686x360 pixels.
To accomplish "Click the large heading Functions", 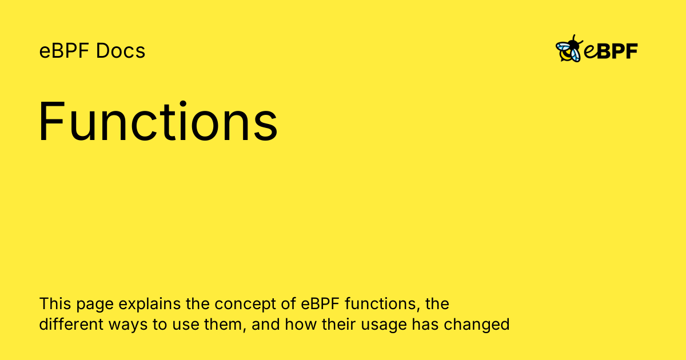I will [158, 121].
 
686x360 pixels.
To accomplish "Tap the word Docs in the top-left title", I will [121, 51].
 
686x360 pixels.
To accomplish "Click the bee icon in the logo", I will [569, 50].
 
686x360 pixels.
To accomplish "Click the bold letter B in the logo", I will [605, 51].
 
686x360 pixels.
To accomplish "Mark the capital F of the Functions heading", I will [50, 121].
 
